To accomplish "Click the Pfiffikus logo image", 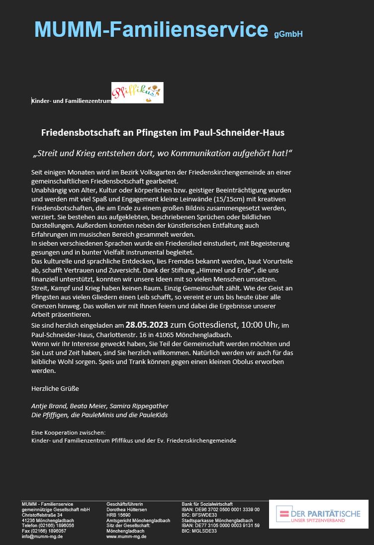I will pos(137,93).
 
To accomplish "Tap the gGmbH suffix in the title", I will pos(288,34).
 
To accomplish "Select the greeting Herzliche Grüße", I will pos(55,388).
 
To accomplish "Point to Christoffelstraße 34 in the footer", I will pos(42,515).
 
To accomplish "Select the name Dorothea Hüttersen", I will pos(126,509).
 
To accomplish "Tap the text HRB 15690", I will pos(118,515).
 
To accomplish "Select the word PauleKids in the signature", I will pos(153,415).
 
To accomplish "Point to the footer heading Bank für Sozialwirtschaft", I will pos(207,504).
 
